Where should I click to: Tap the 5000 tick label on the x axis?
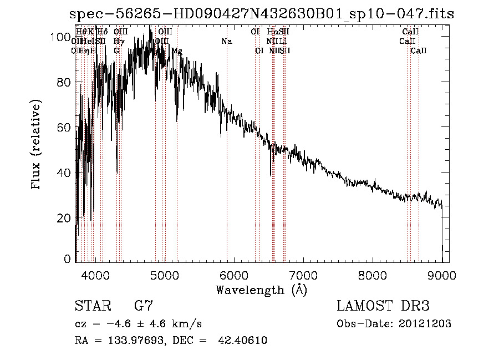(x=165, y=273)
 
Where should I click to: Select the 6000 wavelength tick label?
(x=234, y=273)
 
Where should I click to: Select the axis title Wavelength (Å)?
(x=261, y=290)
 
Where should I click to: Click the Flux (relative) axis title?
(x=37, y=146)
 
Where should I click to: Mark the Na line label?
(x=226, y=42)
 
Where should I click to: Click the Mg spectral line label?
(x=176, y=51)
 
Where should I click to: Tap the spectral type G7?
(x=144, y=306)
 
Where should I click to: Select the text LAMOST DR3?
(x=383, y=306)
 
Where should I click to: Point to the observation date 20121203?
(x=426, y=323)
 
